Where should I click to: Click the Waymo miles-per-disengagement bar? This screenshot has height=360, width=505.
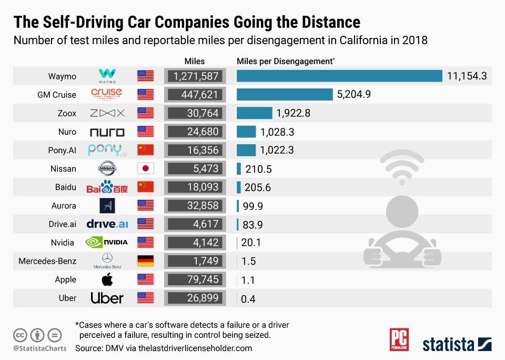click(339, 76)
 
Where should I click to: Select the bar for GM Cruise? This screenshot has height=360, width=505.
click(285, 94)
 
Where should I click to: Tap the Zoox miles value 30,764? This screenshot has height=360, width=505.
click(195, 113)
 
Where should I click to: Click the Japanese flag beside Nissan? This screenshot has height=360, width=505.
click(145, 168)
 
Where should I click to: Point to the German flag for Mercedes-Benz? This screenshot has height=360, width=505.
click(145, 261)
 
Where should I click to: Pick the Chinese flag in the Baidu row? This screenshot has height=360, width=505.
click(145, 187)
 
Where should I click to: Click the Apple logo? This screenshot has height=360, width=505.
click(107, 279)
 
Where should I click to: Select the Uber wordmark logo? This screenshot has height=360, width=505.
click(107, 298)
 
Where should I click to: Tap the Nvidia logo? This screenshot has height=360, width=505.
click(107, 243)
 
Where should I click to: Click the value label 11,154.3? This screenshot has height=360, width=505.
click(467, 76)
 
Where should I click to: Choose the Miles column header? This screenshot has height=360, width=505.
click(195, 62)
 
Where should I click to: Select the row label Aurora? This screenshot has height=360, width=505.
click(63, 206)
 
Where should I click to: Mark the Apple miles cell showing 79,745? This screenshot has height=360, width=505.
click(195, 279)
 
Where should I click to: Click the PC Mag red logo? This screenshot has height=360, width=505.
click(399, 340)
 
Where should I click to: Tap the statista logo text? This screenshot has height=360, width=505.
click(448, 345)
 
